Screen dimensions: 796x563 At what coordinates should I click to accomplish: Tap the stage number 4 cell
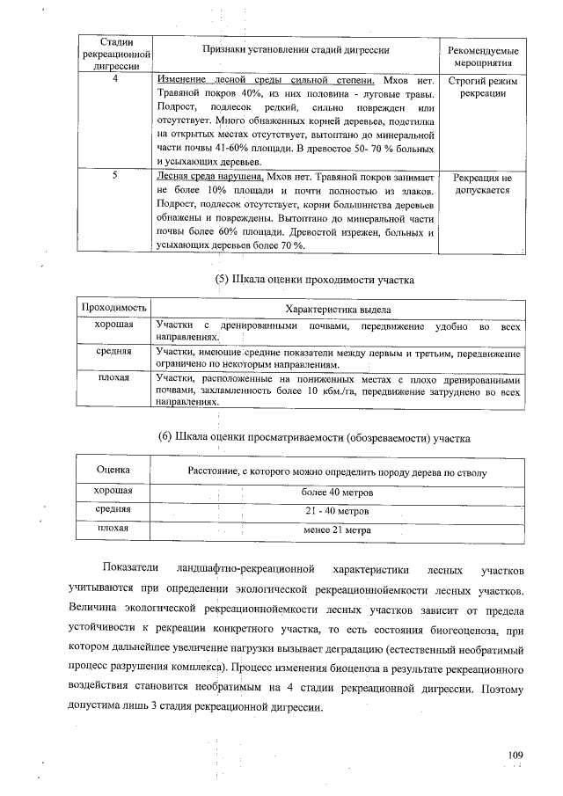coord(115,79)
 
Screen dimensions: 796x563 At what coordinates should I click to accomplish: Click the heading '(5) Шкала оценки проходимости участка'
coord(314,281)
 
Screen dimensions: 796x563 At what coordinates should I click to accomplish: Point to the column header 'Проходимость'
coord(113,309)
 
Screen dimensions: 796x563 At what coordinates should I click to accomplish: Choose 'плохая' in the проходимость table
coord(113,378)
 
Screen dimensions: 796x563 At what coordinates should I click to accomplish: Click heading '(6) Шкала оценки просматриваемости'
coord(314,437)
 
